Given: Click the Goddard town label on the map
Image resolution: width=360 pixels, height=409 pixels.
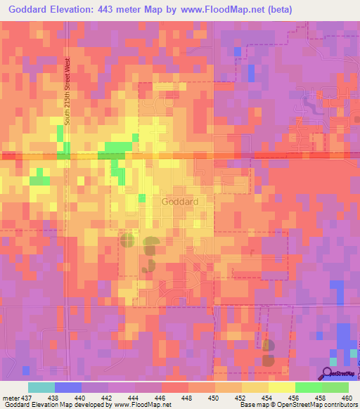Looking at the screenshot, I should (x=180, y=201).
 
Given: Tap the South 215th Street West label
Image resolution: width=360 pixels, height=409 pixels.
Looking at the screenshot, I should (x=68, y=91).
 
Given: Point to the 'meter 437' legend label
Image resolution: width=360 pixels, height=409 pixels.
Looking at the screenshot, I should (x=15, y=397).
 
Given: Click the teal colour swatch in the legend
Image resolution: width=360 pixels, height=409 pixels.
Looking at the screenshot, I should (x=41, y=387).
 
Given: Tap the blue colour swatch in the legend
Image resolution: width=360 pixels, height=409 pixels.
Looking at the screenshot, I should (x=68, y=387).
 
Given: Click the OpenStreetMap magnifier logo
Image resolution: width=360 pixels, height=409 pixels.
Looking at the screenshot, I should (x=328, y=373).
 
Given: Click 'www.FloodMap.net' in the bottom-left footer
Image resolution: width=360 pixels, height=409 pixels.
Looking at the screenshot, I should (x=140, y=405).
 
